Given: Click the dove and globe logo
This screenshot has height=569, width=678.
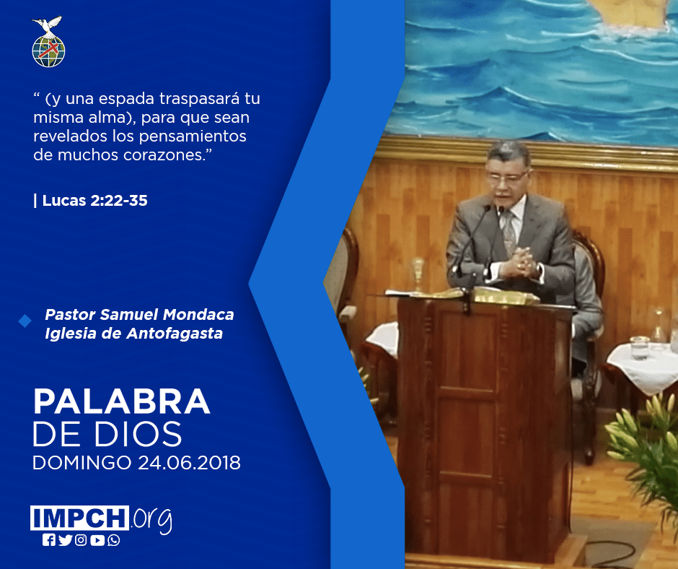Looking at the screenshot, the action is [x=48, y=42].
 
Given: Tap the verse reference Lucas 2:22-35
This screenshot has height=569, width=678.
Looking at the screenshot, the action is [x=94, y=201].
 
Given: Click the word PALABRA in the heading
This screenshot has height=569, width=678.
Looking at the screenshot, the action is [x=121, y=402].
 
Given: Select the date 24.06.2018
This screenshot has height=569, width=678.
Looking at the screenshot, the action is [x=190, y=462].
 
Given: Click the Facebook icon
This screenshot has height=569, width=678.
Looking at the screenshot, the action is [x=49, y=540].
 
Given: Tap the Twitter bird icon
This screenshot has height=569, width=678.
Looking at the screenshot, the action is [x=65, y=540].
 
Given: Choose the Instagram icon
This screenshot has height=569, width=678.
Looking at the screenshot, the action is [x=81, y=540].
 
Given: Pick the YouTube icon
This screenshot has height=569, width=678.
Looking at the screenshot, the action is [x=97, y=540].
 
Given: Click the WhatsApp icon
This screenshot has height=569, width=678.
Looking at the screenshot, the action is [x=114, y=540].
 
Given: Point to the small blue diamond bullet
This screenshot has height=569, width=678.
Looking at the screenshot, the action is [x=25, y=321].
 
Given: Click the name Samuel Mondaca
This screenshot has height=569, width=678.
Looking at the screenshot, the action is [x=167, y=314].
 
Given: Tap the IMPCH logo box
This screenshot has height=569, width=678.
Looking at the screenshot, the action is [x=79, y=518].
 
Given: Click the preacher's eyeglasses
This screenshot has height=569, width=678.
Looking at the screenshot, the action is [x=508, y=177].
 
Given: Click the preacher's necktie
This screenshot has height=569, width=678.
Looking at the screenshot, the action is [x=508, y=232].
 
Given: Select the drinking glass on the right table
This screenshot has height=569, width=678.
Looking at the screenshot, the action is [x=640, y=347].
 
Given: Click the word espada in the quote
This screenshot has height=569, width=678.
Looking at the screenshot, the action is [x=127, y=99].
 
